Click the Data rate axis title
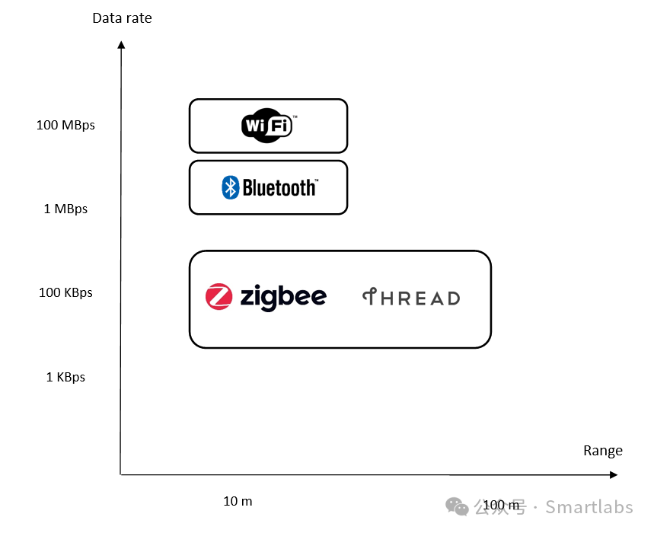(x=122, y=18)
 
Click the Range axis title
(x=603, y=450)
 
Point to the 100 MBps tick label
(x=65, y=125)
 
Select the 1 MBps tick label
(x=65, y=209)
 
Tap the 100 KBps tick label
(x=65, y=292)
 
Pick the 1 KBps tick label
(x=65, y=377)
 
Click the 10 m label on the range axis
(x=238, y=501)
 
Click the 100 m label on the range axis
(x=501, y=505)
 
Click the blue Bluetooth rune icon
(x=231, y=187)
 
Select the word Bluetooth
(x=279, y=187)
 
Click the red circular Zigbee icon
(x=219, y=297)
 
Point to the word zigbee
(x=283, y=297)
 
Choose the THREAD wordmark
(x=411, y=298)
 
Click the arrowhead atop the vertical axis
(x=121, y=45)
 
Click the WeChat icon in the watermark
(x=458, y=506)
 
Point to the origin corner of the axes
(x=121, y=475)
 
